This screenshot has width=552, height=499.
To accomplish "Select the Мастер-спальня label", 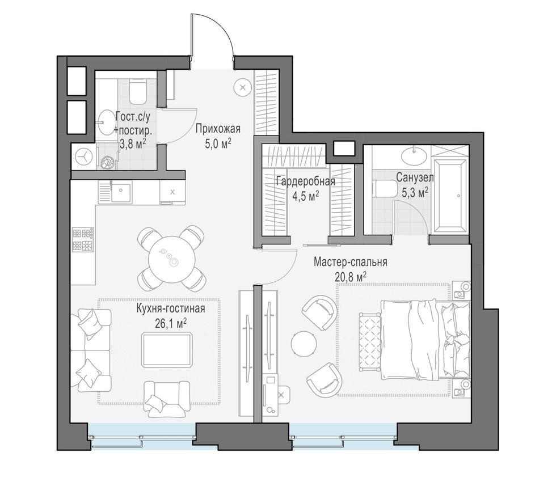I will click(351, 263).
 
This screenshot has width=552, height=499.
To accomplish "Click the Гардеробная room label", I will click(305, 182).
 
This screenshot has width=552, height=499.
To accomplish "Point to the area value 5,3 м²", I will click(415, 193).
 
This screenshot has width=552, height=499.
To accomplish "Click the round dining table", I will click(171, 259).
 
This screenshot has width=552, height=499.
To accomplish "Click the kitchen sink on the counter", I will click(121, 193).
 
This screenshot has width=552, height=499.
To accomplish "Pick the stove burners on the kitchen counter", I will click(82, 239).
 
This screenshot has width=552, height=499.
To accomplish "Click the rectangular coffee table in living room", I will click(167, 349).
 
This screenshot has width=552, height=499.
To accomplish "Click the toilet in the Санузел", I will click(385, 188).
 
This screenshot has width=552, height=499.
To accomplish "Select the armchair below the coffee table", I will click(166, 396).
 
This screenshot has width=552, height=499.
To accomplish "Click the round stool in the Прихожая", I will click(243, 87).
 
